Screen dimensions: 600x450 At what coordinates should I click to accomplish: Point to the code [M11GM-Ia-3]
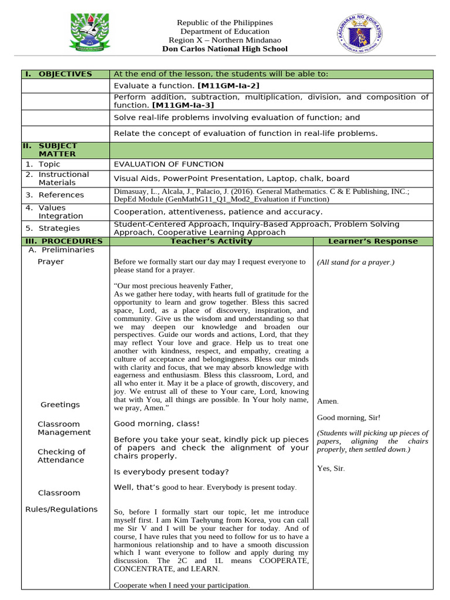coord(183,105)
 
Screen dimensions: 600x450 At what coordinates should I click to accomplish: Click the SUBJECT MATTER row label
coord(58,149)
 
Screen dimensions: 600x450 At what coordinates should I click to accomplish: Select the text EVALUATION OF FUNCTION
coord(168,164)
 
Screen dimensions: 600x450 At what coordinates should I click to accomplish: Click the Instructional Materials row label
coord(64,178)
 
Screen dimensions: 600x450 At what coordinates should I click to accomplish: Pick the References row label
coord(61,195)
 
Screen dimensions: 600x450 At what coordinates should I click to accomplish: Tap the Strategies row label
coord(59,229)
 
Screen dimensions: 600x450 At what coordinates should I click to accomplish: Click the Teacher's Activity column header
coord(211,241)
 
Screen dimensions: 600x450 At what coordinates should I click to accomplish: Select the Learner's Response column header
coord(373,241)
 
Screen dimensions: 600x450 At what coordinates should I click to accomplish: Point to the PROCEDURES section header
coord(64,241)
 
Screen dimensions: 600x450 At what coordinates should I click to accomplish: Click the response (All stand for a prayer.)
coord(356,262)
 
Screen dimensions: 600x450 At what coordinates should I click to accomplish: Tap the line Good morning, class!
coord(156,423)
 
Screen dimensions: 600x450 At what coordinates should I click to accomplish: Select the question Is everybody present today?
coord(171,472)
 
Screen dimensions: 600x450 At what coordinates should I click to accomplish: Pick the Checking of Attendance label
coord(62,456)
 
